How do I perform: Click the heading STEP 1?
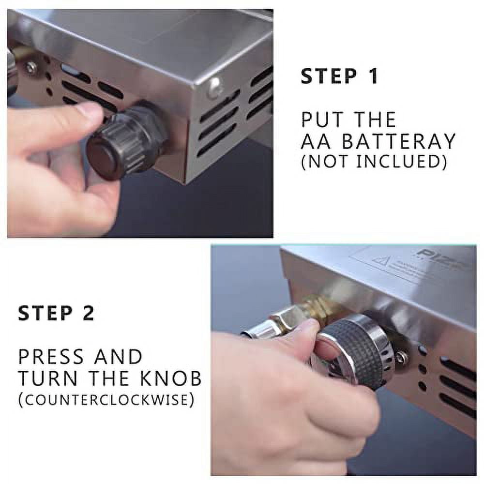339,77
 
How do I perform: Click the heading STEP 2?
56,313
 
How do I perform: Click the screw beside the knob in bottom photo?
401,358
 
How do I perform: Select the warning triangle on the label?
381,261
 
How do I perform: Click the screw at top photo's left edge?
31,68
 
